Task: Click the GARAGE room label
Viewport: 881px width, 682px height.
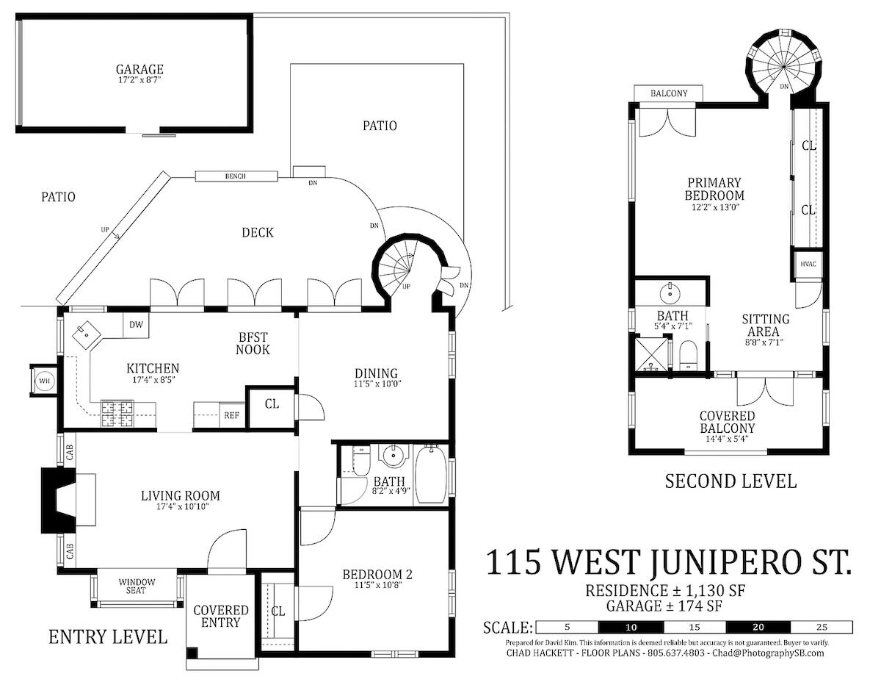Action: click(x=139, y=69)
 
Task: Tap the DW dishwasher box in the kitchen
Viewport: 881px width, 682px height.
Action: click(x=136, y=325)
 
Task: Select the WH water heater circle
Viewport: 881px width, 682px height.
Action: click(x=44, y=381)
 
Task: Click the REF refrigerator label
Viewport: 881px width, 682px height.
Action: click(x=231, y=415)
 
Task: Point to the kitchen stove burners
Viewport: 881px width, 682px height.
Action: click(x=117, y=414)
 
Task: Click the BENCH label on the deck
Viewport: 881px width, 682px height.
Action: click(x=235, y=176)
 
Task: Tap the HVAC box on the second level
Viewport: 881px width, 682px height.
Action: click(x=808, y=264)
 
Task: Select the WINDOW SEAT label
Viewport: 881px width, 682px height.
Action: click(x=137, y=586)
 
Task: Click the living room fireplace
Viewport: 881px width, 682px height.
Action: click(x=59, y=500)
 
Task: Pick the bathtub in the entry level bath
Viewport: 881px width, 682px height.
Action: click(x=431, y=474)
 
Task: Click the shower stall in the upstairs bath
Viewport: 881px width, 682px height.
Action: click(x=650, y=354)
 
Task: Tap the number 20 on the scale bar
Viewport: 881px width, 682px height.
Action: click(x=758, y=627)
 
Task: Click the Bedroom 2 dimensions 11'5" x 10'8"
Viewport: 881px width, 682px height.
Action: click(x=377, y=585)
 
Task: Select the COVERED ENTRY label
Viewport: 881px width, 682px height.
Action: click(x=221, y=617)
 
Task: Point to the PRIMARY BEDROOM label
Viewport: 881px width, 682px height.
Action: click(x=714, y=189)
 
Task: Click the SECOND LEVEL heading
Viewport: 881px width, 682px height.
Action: click(x=730, y=481)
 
